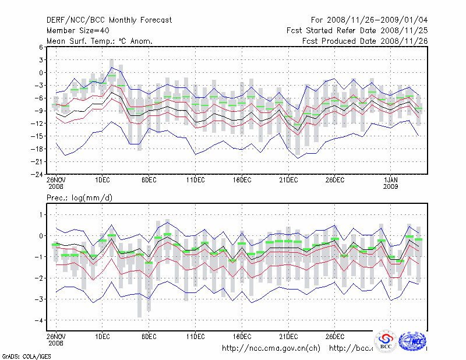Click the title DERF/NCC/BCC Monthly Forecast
[109, 20]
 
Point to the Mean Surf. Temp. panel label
[100, 41]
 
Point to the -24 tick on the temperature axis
[37, 174]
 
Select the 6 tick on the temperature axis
[40, 47]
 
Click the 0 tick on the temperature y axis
[40, 73]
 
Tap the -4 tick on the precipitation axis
[38, 320]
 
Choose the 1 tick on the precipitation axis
[40, 215]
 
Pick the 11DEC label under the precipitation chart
[196, 336]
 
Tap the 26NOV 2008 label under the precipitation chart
[56, 339]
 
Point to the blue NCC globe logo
[414, 340]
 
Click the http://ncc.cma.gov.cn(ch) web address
[271, 348]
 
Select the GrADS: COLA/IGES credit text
[22, 355]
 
